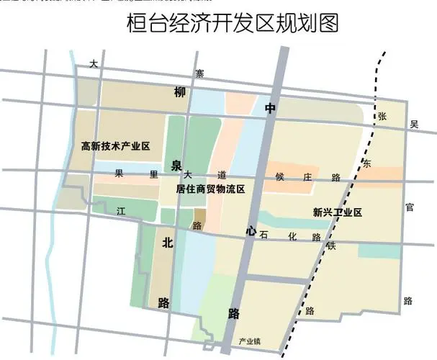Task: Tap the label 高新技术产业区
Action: (114, 146)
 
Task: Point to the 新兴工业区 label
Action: (336, 212)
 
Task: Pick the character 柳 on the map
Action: (179, 92)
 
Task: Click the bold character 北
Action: (167, 243)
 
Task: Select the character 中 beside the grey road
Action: (270, 109)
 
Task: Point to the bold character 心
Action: (250, 231)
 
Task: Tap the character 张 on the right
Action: (382, 115)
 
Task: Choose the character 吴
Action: (413, 125)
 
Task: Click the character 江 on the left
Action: (121, 212)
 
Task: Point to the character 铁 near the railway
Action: (332, 246)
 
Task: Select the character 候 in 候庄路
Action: (281, 176)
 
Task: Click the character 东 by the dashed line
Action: (366, 164)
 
